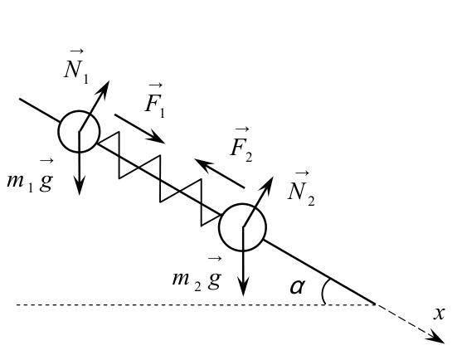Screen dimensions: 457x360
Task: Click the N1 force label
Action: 76,66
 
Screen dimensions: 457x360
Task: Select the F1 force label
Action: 155,100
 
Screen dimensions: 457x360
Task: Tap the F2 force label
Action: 241,144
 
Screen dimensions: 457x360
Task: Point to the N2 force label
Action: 301,189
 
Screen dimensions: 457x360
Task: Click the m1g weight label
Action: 30,176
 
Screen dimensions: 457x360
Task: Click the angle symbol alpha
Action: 298,287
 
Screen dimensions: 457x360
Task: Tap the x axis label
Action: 440,314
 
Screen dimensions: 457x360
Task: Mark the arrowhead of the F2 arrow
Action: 202,163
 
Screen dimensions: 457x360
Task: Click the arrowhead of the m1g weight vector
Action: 80,186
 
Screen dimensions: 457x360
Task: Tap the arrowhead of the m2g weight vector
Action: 243,287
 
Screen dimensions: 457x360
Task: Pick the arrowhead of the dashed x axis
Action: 437,339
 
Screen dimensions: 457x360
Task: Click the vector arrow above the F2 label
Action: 242,129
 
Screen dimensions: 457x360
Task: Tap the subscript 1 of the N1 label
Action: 85,79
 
